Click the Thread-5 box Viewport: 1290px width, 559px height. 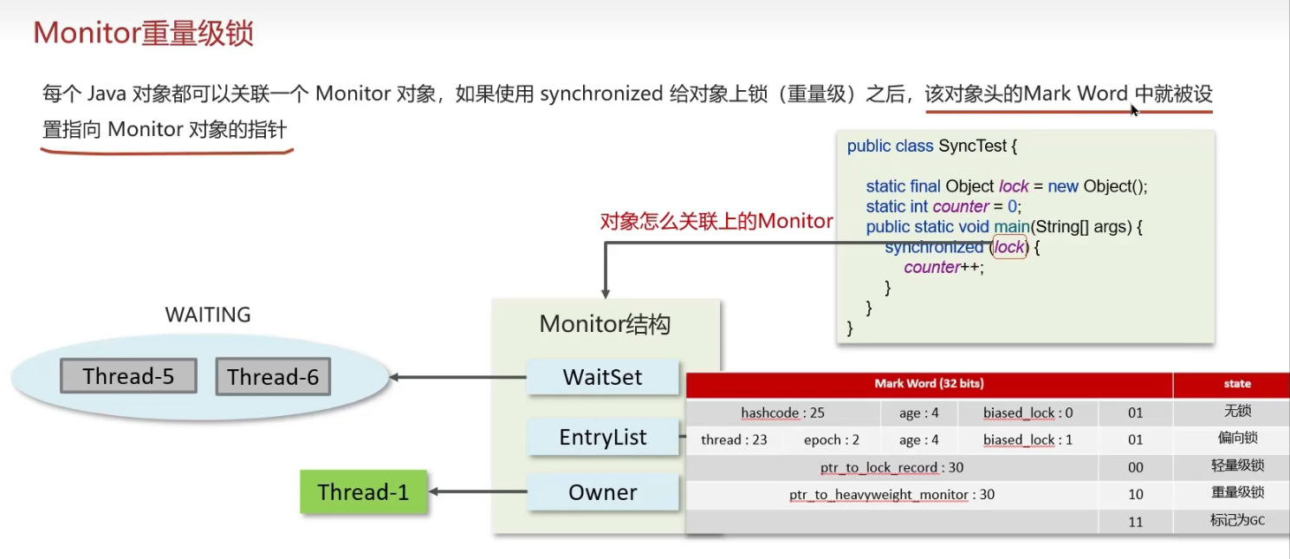click(128, 376)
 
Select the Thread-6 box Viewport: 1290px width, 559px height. click(273, 376)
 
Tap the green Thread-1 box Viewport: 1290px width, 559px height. click(363, 491)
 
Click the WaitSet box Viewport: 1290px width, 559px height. click(602, 377)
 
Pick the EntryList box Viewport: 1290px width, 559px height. click(602, 437)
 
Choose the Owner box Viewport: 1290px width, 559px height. click(602, 491)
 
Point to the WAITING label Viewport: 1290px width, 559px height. click(208, 315)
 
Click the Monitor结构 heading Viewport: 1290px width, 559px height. click(605, 324)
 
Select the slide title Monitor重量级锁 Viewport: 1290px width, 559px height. click(144, 33)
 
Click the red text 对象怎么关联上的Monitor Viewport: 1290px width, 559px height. click(716, 221)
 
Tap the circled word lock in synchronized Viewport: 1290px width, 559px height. click(1009, 247)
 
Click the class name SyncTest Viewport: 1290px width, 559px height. click(972, 146)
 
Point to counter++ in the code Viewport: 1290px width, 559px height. click(943, 268)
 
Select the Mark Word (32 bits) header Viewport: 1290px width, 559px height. click(929, 383)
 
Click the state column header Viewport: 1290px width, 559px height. click(1237, 383)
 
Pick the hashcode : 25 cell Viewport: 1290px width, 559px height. click(782, 413)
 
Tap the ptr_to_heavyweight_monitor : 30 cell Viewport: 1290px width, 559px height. click(892, 495)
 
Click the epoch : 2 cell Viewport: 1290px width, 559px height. click(832, 439)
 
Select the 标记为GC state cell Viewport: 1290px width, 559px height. click(1237, 520)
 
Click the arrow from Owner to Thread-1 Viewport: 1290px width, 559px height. click(478, 491)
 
